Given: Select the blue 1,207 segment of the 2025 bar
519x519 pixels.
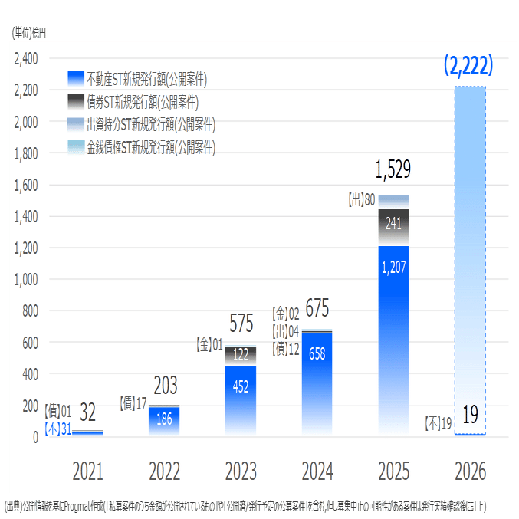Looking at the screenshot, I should [393, 337].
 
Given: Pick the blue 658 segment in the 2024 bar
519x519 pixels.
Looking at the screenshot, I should [317, 383].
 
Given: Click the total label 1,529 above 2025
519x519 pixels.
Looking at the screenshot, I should [393, 170].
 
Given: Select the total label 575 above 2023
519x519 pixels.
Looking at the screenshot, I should [241, 324].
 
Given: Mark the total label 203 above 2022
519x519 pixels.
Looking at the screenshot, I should [166, 384].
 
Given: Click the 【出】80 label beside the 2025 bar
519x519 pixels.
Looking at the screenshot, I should [361, 200].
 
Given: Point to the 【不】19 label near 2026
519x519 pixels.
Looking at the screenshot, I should [438, 422].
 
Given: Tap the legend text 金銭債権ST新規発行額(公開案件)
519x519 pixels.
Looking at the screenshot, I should [150, 147].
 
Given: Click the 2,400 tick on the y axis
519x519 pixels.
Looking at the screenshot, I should [26, 58].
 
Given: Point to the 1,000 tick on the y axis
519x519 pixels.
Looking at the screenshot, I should [26, 280].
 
